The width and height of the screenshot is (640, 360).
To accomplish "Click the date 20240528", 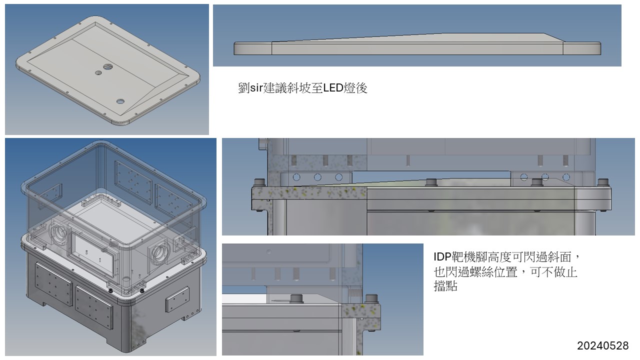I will [x=602, y=345].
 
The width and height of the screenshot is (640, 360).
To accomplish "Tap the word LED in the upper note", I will [x=333, y=88].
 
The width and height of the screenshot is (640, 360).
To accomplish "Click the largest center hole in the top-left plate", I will [x=108, y=66].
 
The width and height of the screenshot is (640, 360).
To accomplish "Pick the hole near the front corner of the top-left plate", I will [x=120, y=101].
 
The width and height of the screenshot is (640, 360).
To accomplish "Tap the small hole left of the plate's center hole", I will [x=98, y=73].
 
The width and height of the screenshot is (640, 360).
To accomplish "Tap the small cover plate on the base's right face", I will [x=177, y=299].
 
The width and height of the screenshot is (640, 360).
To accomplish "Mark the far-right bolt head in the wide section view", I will [x=603, y=181].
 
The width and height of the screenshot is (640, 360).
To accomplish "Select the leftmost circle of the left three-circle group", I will [x=296, y=177].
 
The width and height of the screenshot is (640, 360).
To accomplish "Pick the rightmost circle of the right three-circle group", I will [x=566, y=177].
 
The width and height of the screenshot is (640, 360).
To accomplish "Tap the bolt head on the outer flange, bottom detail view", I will [x=370, y=299].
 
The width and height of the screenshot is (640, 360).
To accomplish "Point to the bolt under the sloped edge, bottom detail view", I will [x=297, y=298].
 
